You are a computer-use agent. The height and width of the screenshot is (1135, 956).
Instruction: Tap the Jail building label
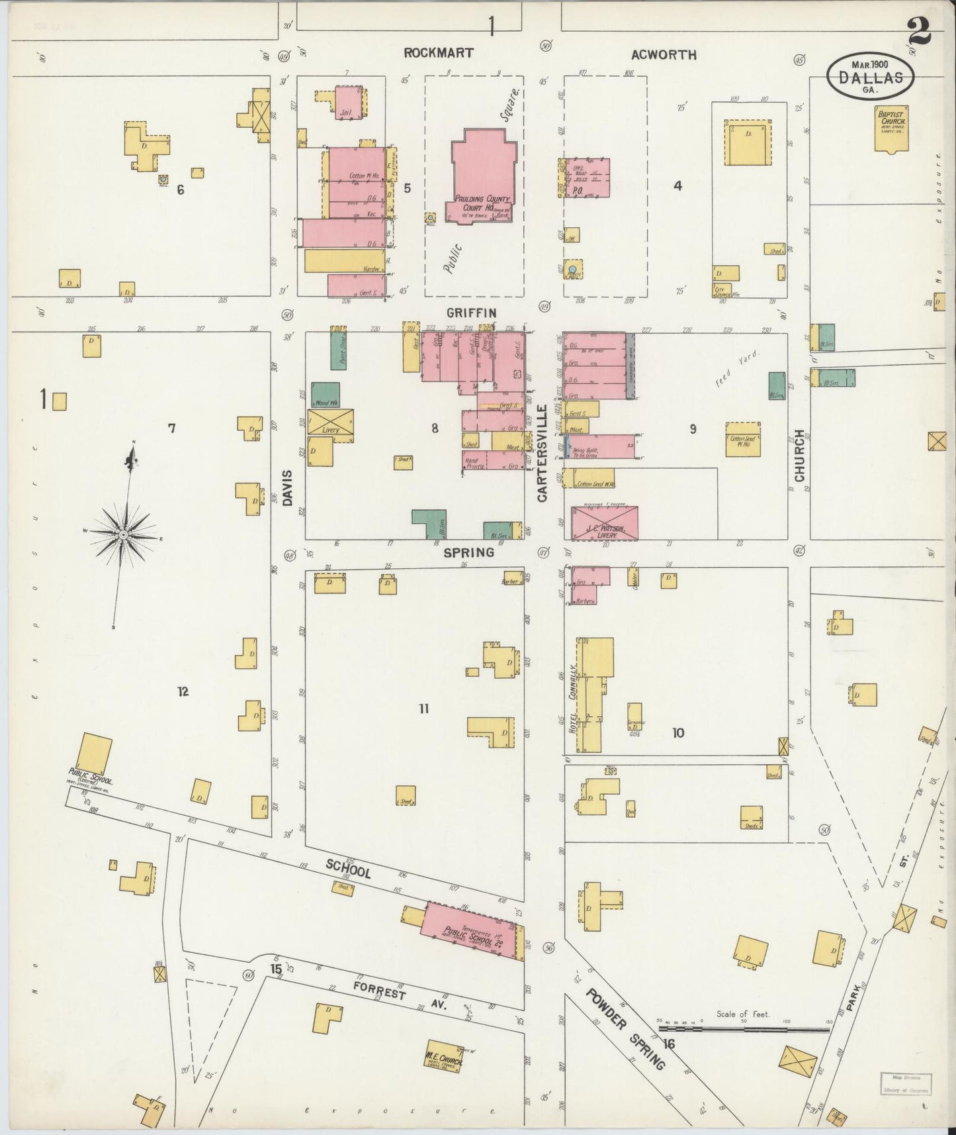click(x=345, y=113)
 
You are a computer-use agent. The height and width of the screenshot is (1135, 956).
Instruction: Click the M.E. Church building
click(x=445, y=1055)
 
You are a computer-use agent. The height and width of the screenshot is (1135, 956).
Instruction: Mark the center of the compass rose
click(x=124, y=534)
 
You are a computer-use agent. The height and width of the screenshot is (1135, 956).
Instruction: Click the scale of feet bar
click(x=744, y=1030)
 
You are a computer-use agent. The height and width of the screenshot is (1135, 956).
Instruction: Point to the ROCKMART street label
click(x=439, y=53)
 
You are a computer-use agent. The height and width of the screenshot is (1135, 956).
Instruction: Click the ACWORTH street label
click(x=663, y=55)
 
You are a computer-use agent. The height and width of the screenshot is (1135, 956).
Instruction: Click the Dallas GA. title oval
click(x=870, y=76)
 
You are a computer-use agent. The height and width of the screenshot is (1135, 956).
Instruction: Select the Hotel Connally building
click(x=593, y=695)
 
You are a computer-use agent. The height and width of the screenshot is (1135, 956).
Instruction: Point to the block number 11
click(x=423, y=709)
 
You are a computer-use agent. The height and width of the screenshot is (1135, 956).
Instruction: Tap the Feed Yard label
click(x=738, y=368)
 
